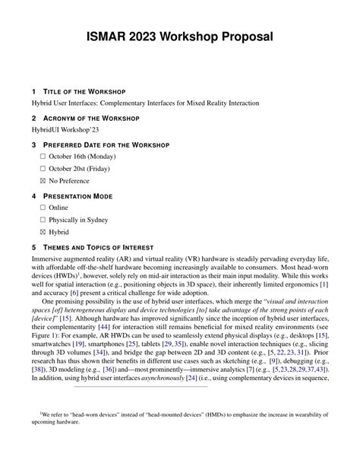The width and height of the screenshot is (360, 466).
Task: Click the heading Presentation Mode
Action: click(80, 195)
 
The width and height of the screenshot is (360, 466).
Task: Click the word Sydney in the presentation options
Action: click(103, 220)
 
